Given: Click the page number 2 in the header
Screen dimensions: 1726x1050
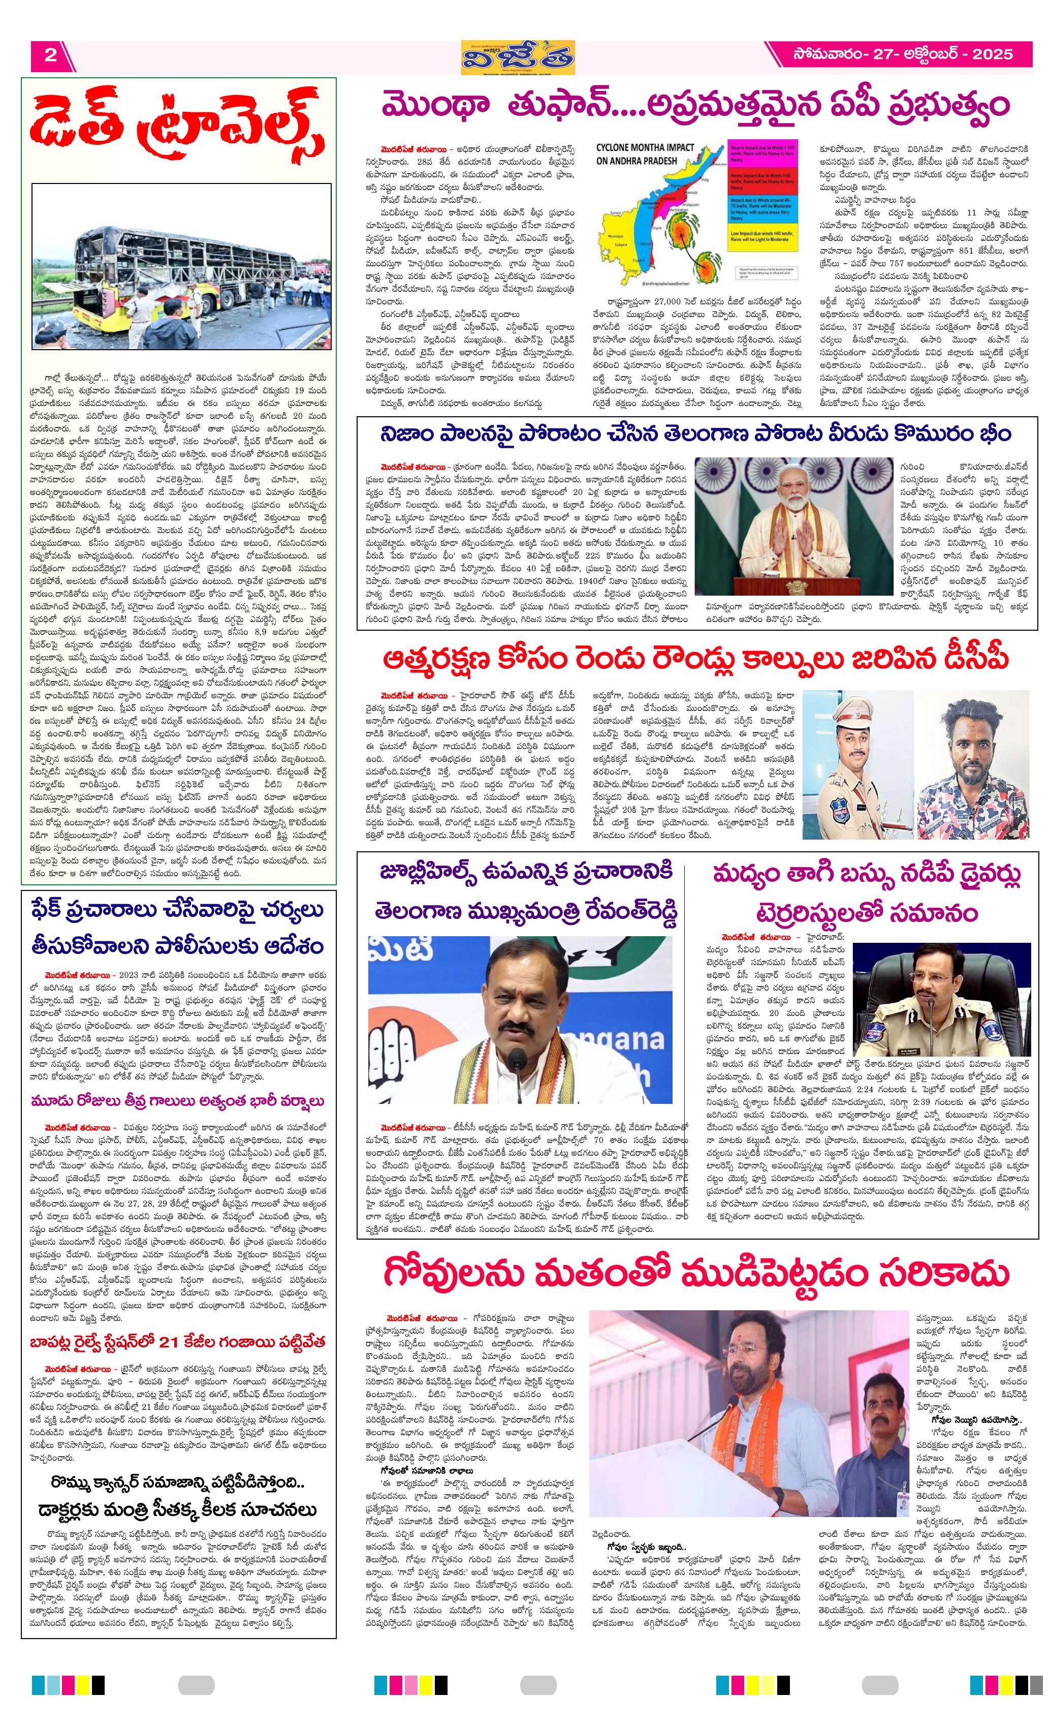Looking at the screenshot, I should [x=50, y=55].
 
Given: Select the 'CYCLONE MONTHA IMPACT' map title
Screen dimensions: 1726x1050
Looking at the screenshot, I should [x=645, y=153].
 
